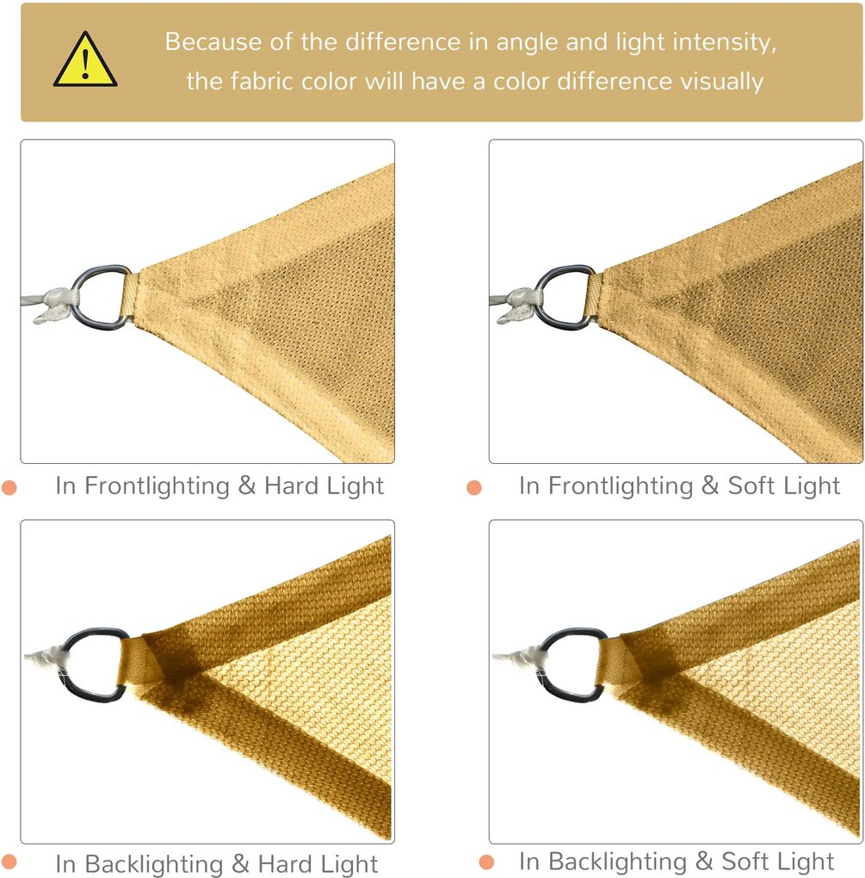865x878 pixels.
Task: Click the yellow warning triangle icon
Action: (x=84, y=61)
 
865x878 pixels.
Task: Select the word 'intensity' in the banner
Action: (x=724, y=41)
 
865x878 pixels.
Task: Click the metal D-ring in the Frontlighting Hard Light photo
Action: (x=100, y=297)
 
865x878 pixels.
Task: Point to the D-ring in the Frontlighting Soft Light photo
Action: (x=566, y=297)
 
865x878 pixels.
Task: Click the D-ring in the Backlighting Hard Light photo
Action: (x=93, y=665)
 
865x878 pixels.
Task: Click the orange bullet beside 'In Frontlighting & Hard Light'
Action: (x=9, y=487)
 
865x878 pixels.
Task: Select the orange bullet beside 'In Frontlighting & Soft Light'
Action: (x=474, y=487)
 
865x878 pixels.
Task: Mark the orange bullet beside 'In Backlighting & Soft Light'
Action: (x=486, y=863)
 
